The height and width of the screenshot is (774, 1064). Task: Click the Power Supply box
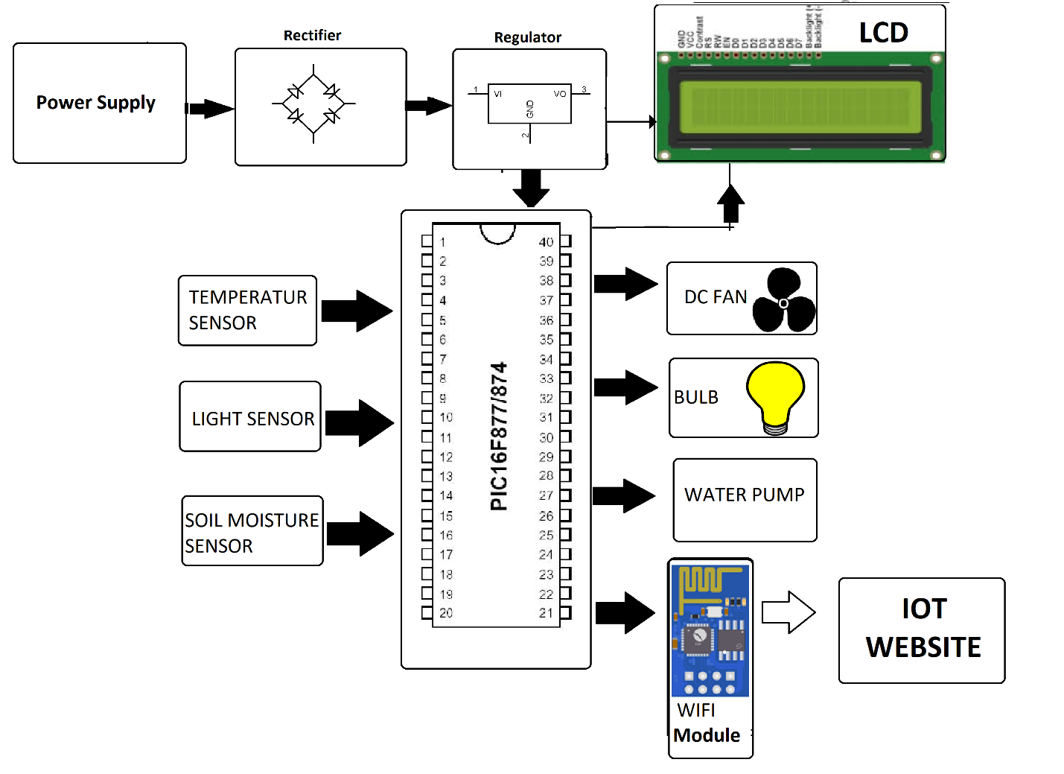point(99,103)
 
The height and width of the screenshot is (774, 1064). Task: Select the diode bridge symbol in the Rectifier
point(313,104)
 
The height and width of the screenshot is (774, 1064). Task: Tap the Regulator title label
point(527,37)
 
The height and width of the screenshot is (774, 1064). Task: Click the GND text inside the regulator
point(530,109)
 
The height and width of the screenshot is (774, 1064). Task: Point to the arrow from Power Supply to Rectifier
point(211,109)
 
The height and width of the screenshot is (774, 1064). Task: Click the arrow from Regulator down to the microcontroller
point(531,188)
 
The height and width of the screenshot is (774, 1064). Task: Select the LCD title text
point(883,33)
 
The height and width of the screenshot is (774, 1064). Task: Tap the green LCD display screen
point(800,105)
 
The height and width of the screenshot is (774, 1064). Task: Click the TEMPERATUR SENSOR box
point(247,310)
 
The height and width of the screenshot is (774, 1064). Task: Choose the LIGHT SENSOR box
point(250,417)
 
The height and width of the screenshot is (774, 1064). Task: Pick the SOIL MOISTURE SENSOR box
point(252,531)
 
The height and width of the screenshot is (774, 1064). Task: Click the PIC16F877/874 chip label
point(499,437)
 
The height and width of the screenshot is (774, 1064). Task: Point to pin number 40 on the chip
point(546,242)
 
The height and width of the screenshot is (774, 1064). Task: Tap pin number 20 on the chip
point(446,613)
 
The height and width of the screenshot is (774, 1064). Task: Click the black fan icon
point(783,301)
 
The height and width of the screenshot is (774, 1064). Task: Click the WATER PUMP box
point(745,499)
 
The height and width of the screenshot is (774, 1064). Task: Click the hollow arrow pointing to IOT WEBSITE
point(789,612)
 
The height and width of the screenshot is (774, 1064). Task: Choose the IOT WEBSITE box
point(922,630)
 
